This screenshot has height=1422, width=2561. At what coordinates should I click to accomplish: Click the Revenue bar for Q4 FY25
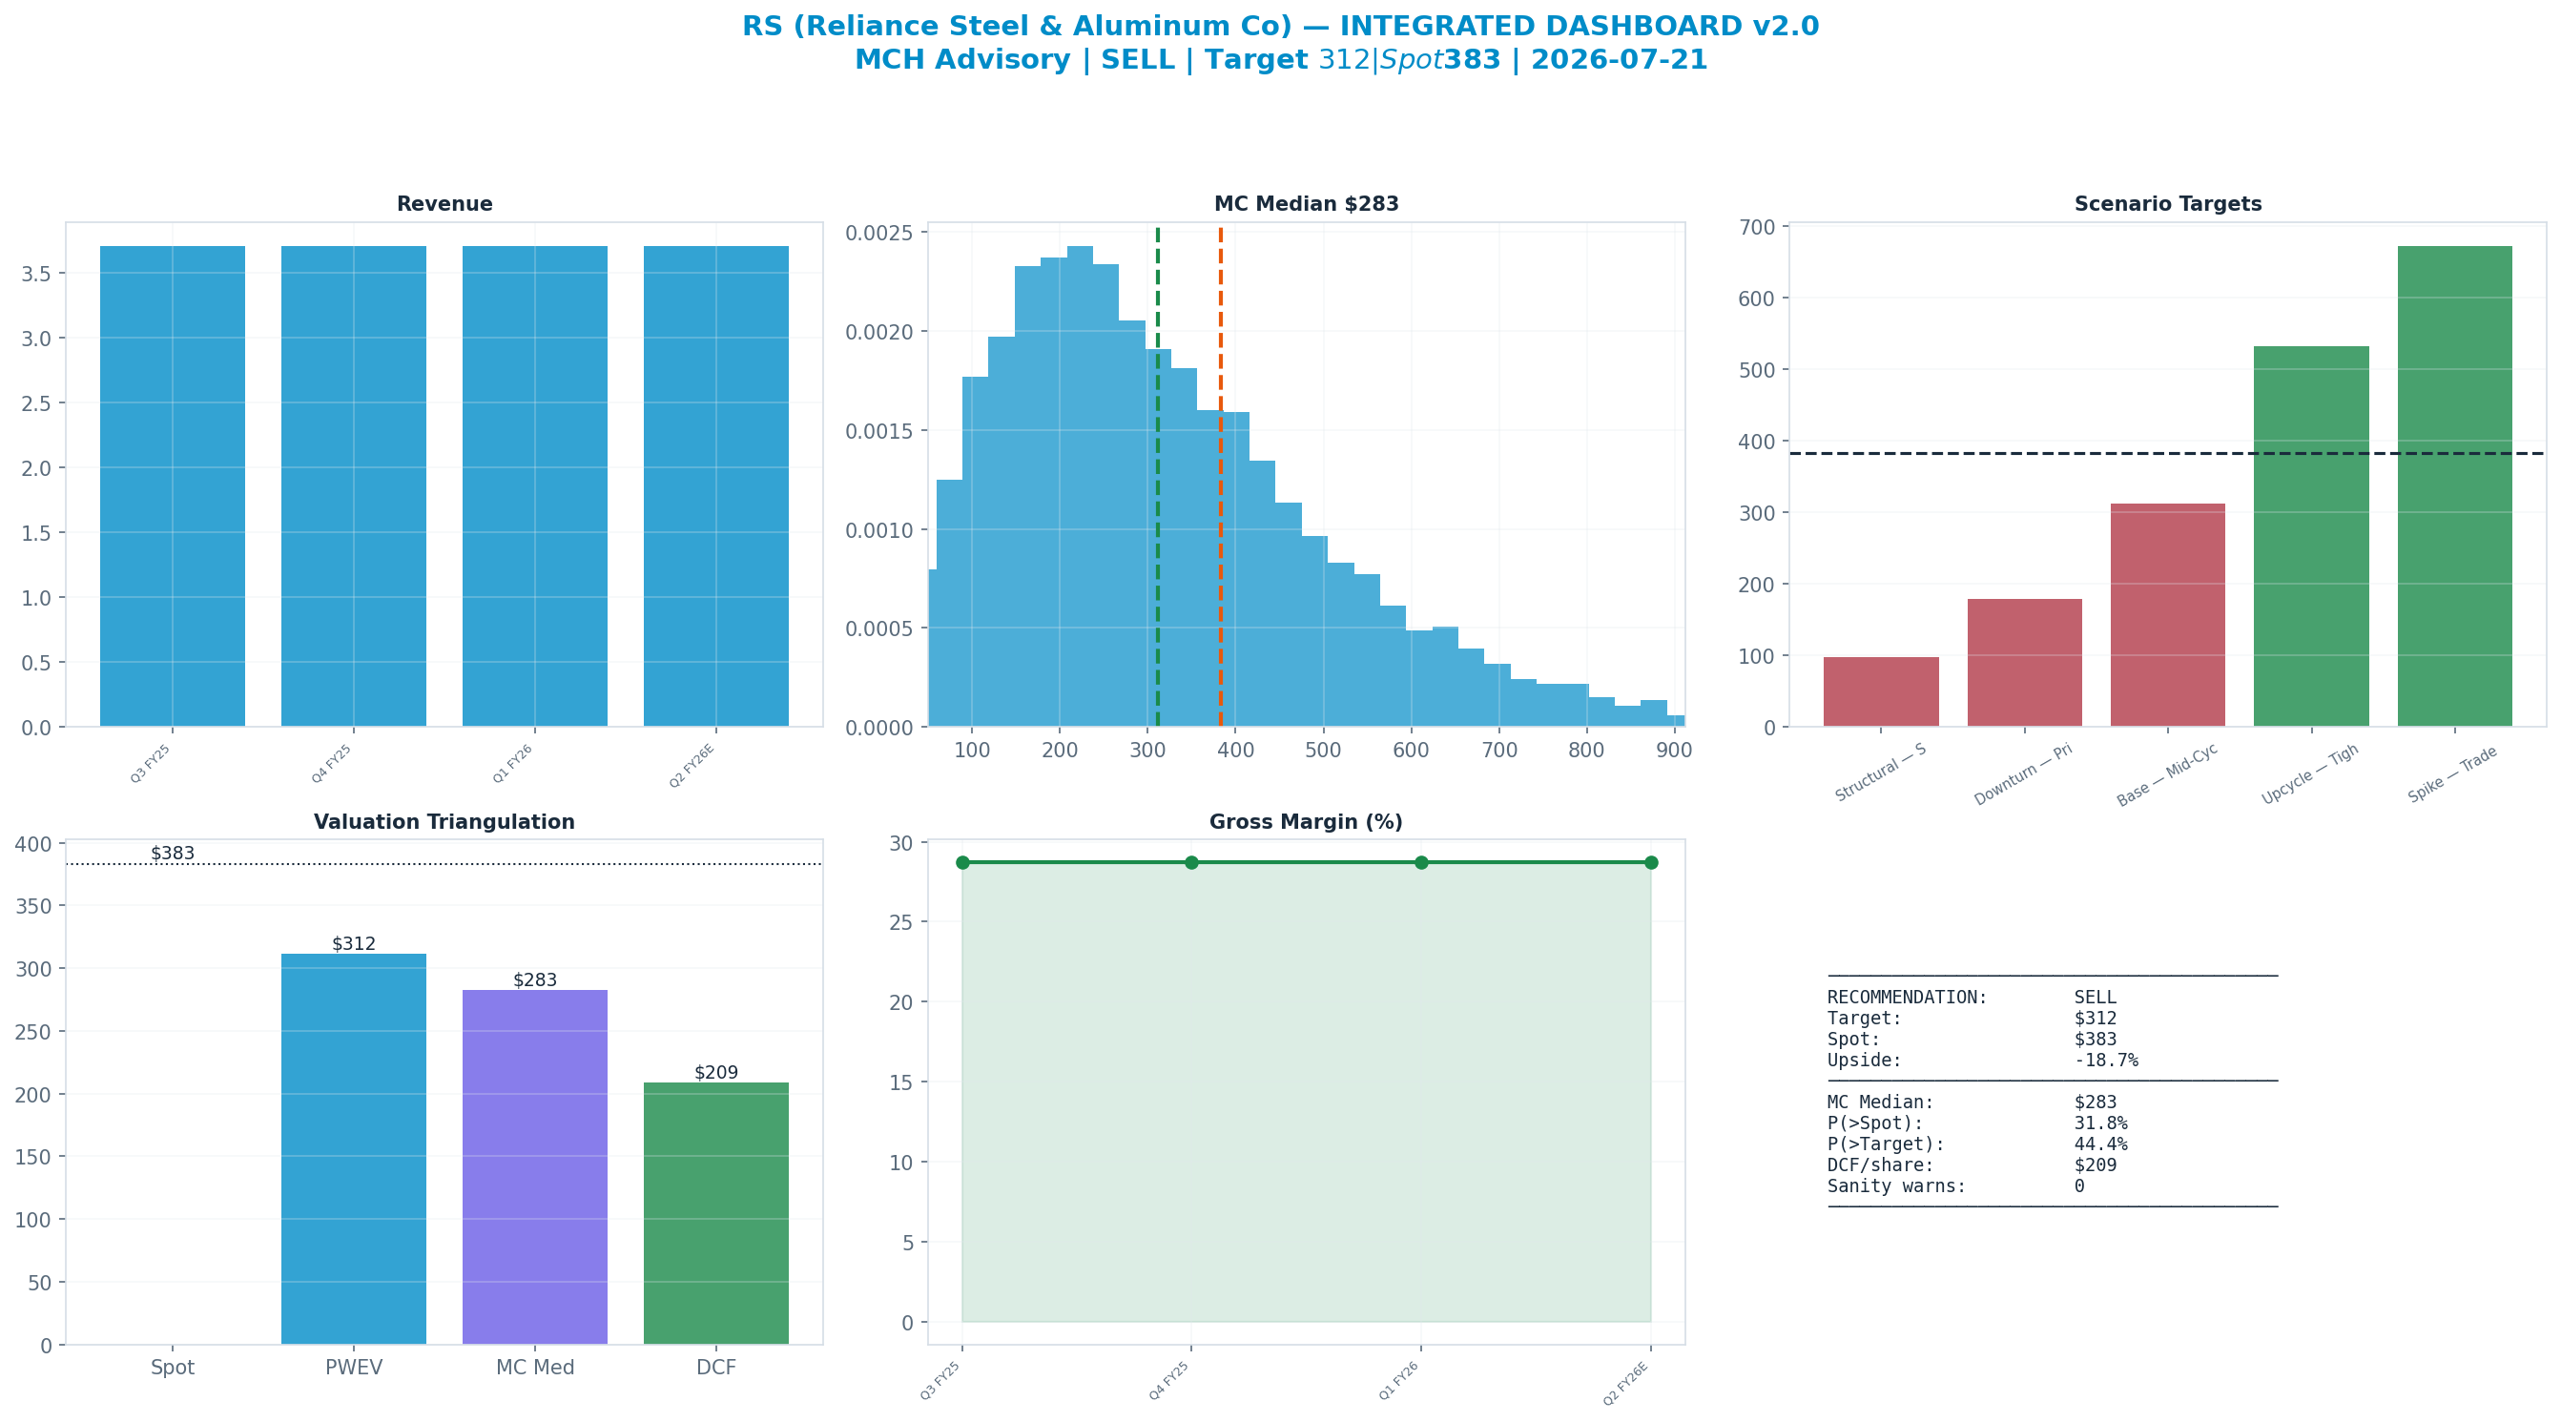click(354, 486)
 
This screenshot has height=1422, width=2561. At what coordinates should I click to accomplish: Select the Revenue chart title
click(444, 204)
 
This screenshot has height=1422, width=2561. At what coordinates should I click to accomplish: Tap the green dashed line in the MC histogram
click(1157, 477)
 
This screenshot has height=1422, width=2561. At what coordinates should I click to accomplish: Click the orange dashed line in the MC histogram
click(1220, 477)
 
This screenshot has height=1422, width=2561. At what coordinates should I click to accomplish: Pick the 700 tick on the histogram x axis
click(1499, 750)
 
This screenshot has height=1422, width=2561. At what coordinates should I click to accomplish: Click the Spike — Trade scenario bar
click(2454, 486)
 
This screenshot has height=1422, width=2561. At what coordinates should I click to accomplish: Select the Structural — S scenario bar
click(1881, 692)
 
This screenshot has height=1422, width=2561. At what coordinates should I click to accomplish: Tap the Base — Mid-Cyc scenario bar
click(2167, 615)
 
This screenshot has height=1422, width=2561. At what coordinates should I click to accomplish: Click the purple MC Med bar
click(535, 1167)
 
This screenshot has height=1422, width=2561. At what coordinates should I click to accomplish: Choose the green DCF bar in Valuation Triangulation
click(715, 1213)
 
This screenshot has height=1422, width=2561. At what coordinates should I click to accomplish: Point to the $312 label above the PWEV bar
click(354, 943)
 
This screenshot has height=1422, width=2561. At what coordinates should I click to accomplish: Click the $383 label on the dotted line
click(173, 854)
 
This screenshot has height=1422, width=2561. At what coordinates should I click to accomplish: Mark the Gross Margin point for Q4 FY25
click(1191, 862)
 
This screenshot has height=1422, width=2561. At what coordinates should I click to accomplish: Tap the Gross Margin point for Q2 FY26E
click(1650, 862)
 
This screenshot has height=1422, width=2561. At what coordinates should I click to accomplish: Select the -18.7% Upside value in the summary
click(2106, 1060)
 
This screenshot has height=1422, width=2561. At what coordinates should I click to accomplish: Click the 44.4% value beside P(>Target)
click(2100, 1144)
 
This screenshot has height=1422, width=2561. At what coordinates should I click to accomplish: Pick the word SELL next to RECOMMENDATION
click(2095, 998)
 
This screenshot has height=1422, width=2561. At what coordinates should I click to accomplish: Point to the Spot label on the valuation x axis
click(173, 1368)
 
